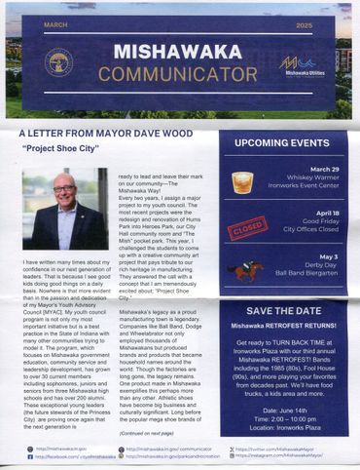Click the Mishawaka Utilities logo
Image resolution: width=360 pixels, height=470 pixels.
point(303,64)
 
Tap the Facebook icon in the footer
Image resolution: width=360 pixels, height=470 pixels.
point(30,456)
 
